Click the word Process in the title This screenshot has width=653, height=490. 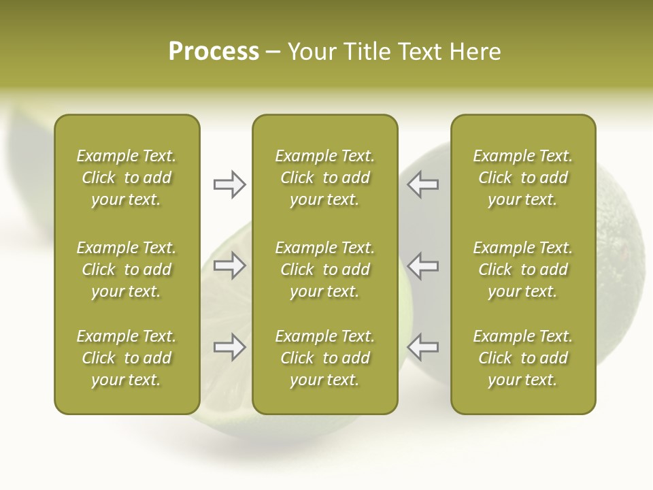(214, 52)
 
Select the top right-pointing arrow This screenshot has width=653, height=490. (229, 184)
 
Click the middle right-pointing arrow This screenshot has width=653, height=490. (229, 265)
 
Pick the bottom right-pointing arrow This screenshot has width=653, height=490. (229, 347)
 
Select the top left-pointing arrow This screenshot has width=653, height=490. (423, 184)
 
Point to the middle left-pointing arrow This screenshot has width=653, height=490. (423, 265)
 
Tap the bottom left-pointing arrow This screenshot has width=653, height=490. (423, 347)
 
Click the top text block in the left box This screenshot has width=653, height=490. (127, 178)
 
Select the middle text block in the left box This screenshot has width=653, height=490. (127, 269)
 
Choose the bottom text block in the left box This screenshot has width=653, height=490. (127, 358)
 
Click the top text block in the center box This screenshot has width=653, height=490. (324, 178)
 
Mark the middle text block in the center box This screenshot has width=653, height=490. (324, 269)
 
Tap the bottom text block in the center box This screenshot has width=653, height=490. (324, 358)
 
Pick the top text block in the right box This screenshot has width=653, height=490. (522, 178)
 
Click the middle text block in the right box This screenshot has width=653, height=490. (522, 269)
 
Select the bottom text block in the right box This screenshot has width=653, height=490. (522, 358)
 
